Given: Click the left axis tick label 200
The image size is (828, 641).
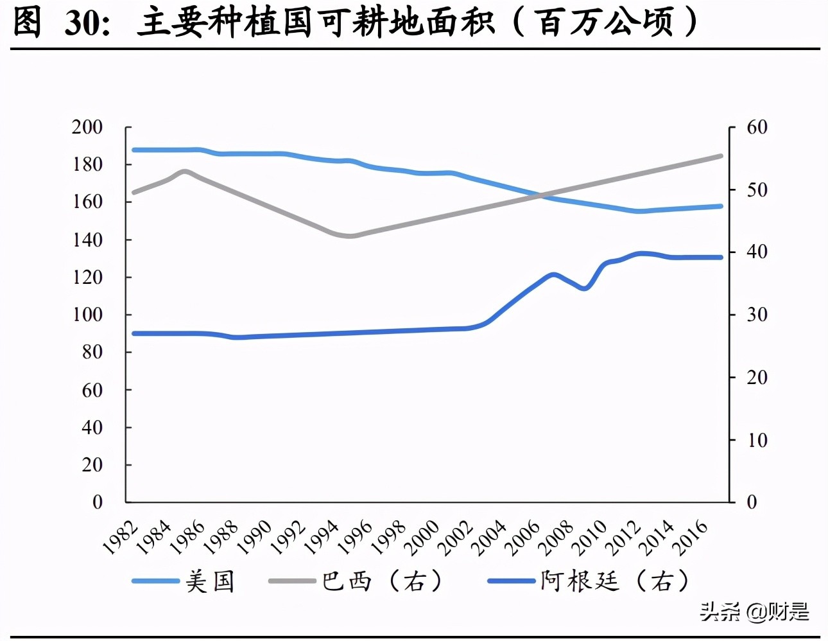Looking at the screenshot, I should coord(87,127).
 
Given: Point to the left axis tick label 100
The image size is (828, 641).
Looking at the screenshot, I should coord(87,315).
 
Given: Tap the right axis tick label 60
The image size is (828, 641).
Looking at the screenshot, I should coord(757,127).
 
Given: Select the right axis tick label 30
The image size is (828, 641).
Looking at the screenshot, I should coord(757,315).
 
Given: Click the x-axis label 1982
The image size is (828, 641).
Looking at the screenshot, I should coord(121,538).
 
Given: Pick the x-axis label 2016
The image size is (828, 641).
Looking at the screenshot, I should coord(691,538).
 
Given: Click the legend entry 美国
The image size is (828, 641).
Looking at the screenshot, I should coord(210,581).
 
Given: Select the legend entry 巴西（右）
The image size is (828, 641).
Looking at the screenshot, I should coord(381,581).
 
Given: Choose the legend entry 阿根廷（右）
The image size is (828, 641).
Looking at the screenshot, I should coord(614,581).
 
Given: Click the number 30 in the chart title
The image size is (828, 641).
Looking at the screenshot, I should coord(82,23).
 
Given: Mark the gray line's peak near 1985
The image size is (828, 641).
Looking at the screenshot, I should coord(185,171).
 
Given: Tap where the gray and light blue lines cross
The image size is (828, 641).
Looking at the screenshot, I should coord(539,195).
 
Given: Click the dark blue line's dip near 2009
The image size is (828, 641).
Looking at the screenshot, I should coord(584,288).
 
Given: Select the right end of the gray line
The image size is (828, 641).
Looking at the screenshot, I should coord(721,156).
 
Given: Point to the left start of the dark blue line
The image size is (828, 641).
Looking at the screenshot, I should coord(134,333).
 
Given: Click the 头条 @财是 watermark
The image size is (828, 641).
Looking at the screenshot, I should coord(754,611).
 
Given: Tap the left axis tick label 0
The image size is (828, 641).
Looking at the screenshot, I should coord(98,502).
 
